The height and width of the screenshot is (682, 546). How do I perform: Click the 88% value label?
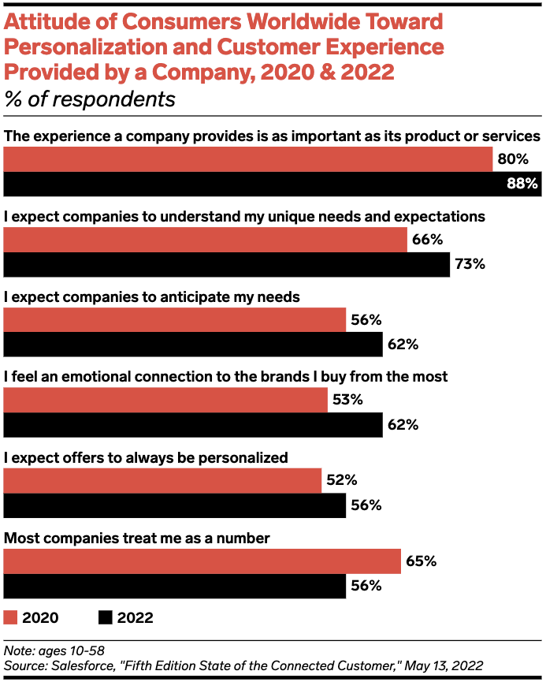(x=522, y=184)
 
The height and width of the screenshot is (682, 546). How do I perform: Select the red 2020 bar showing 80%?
(x=248, y=159)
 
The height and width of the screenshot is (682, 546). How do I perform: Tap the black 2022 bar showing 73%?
(x=226, y=264)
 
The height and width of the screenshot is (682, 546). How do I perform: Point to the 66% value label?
(x=426, y=240)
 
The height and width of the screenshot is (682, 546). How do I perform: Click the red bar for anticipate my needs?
(x=175, y=320)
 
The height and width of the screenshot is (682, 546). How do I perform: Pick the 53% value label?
(x=347, y=400)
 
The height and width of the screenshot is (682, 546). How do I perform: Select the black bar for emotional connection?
(x=193, y=425)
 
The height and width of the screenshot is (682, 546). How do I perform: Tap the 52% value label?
(x=341, y=480)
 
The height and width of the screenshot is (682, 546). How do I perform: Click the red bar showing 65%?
(x=202, y=561)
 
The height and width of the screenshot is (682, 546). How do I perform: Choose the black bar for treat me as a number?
(x=175, y=586)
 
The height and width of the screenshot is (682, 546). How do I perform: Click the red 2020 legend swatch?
(x=10, y=617)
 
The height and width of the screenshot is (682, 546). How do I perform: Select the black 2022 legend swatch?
(x=106, y=617)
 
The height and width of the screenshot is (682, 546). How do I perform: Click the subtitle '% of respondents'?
(x=90, y=100)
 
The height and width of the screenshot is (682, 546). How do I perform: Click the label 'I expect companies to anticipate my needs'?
(x=152, y=296)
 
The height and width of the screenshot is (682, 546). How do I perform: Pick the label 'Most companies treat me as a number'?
(x=137, y=539)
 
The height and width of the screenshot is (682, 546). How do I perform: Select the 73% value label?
(x=469, y=264)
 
